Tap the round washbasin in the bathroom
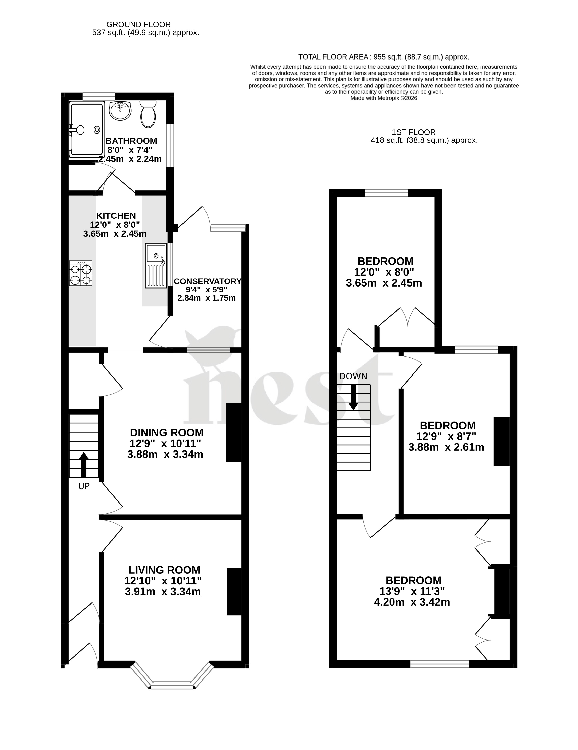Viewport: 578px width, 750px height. point(120,111)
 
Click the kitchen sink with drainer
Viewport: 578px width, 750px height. point(156,265)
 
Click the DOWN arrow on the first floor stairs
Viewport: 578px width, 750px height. point(353,397)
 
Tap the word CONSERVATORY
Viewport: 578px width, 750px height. point(208,281)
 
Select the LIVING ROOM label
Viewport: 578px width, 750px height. point(164,570)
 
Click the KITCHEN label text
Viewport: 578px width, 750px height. point(116,216)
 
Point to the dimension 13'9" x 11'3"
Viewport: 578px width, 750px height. point(412,591)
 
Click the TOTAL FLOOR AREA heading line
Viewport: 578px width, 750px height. point(383,57)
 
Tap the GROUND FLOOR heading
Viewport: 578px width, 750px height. point(139,24)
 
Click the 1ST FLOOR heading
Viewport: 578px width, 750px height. point(414,132)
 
